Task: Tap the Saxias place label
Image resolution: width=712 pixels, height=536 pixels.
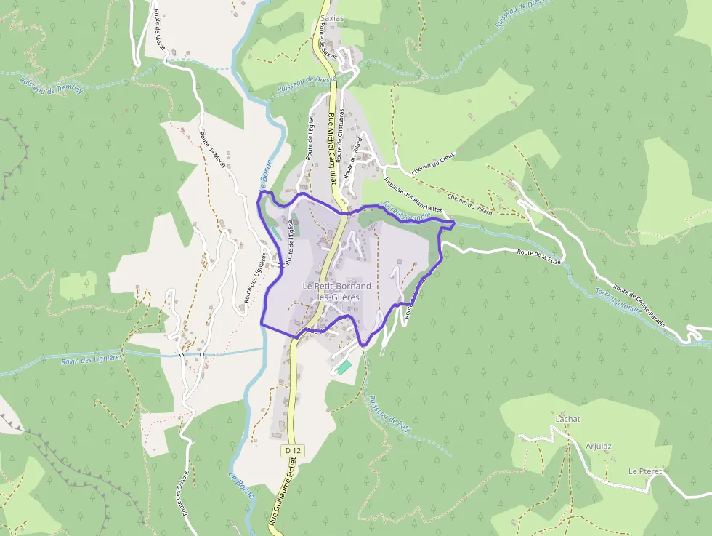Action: pyautogui.click(x=332, y=19)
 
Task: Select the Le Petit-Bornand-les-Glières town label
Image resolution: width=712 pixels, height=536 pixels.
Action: pyautogui.click(x=338, y=292)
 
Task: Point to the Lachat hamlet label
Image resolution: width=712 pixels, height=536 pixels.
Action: pyautogui.click(x=567, y=419)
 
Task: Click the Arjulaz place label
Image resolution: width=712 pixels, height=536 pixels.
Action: pyautogui.click(x=599, y=446)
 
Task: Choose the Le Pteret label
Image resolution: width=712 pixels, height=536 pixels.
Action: pyautogui.click(x=644, y=471)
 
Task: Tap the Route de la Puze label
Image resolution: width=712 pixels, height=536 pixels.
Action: pyautogui.click(x=539, y=255)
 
